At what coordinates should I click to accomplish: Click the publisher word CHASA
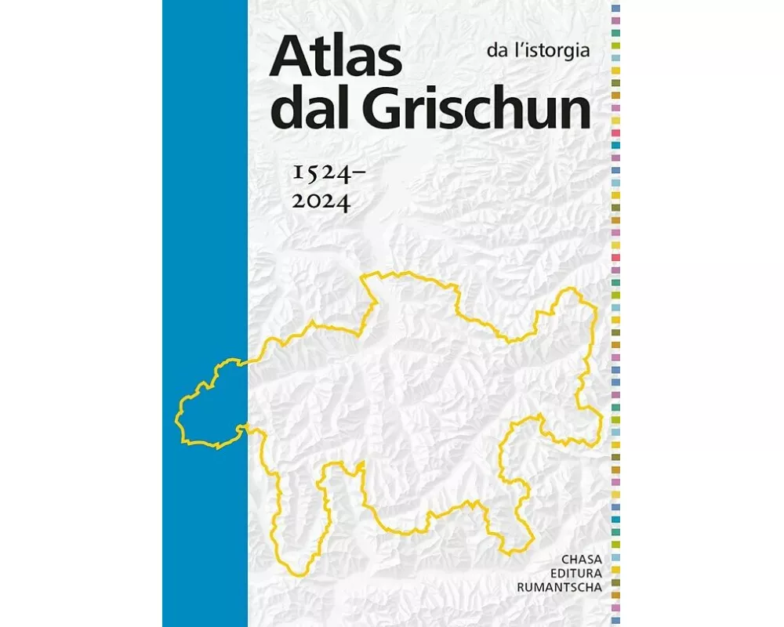point(581,560)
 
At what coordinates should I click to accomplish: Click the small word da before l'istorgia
point(495,53)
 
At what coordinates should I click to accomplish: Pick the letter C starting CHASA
point(566,560)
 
